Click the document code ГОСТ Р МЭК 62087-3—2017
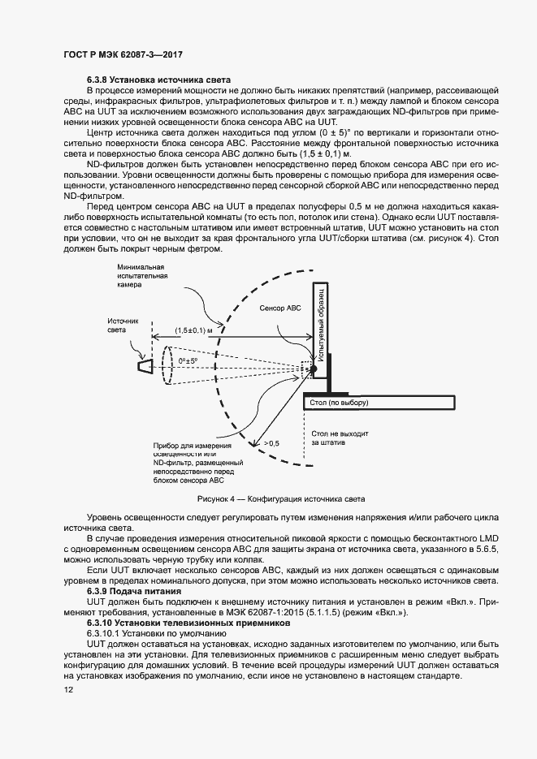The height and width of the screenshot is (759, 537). click(121, 54)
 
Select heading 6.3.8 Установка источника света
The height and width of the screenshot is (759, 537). click(159, 79)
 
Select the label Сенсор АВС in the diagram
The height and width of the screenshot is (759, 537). click(280, 309)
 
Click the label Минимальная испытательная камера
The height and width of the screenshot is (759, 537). click(141, 276)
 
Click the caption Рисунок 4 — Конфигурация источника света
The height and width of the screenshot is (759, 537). click(268, 498)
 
